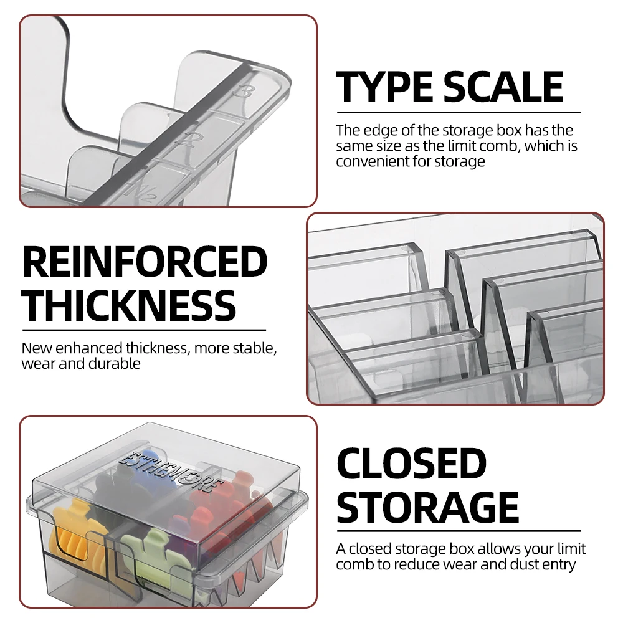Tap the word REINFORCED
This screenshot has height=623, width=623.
click(x=145, y=262)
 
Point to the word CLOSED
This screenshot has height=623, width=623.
click(x=411, y=464)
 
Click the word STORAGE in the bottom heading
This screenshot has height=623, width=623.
click(x=428, y=506)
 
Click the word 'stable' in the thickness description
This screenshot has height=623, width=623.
click(x=252, y=348)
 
